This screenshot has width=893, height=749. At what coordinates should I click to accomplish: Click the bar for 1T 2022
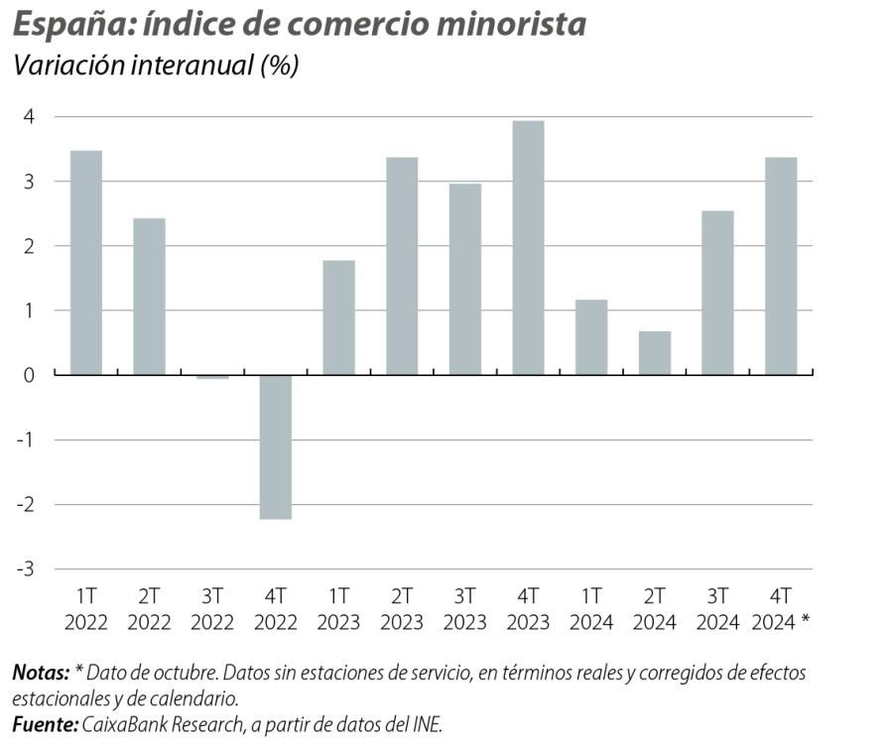pyautogui.click(x=86, y=263)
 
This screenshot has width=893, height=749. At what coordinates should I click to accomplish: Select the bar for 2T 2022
pyautogui.click(x=149, y=297)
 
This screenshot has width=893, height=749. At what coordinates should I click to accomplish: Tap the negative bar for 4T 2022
pyautogui.click(x=276, y=446)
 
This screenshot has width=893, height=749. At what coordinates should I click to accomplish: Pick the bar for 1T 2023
pyautogui.click(x=338, y=317)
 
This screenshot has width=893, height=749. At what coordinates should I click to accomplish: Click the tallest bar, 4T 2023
pyautogui.click(x=528, y=248)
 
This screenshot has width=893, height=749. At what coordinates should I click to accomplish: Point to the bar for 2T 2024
pyautogui.click(x=654, y=353)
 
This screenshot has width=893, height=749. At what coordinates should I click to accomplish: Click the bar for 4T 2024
pyautogui.click(x=781, y=266)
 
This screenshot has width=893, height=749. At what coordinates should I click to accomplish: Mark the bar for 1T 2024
pyautogui.click(x=591, y=337)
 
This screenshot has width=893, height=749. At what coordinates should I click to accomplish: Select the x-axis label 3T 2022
pyautogui.click(x=212, y=609)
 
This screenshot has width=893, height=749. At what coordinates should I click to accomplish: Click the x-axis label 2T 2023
pyautogui.click(x=402, y=609)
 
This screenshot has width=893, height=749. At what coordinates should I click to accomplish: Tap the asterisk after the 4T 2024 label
pyautogui.click(x=805, y=622)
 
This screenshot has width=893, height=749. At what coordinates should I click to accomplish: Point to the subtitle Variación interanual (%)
pyautogui.click(x=154, y=66)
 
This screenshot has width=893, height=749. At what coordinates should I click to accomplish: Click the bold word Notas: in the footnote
pyautogui.click(x=41, y=673)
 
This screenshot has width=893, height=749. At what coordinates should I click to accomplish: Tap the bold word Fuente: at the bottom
pyautogui.click(x=45, y=725)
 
